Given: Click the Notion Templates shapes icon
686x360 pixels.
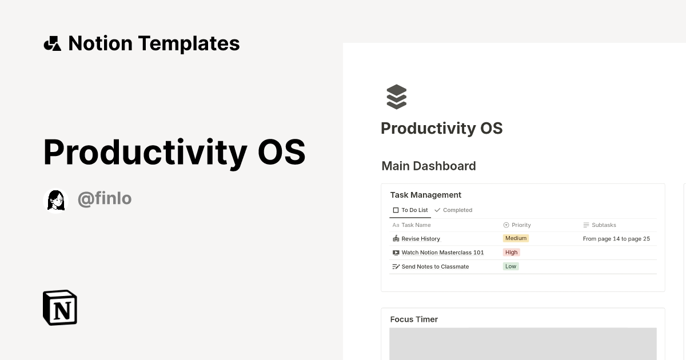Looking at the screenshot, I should click(x=53, y=43).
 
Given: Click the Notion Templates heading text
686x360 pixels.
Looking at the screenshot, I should click(x=154, y=43).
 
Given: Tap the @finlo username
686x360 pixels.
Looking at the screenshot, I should click(x=105, y=199).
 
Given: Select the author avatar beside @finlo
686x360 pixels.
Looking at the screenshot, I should click(x=55, y=199).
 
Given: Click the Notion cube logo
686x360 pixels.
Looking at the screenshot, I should click(x=60, y=307).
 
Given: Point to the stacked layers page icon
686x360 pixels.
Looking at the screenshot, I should click(x=396, y=97).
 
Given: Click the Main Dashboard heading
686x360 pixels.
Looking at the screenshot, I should click(x=428, y=166).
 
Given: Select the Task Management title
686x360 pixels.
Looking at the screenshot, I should click(x=425, y=195).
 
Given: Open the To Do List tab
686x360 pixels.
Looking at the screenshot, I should click(x=410, y=210).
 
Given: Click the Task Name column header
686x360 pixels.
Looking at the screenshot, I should click(x=416, y=225).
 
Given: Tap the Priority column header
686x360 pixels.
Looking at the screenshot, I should click(x=521, y=225).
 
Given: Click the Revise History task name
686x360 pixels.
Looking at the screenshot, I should click(x=420, y=239).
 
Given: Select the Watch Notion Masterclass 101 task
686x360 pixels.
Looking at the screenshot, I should click(x=442, y=253).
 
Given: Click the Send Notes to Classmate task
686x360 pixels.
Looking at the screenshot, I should click(x=434, y=267).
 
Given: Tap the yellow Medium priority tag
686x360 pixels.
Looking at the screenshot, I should click(x=516, y=238).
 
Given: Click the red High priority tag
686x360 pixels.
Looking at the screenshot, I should click(x=511, y=253).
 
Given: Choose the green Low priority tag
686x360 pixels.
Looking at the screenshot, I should click(x=510, y=266).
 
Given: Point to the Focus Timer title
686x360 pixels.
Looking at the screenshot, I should click(x=414, y=319).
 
